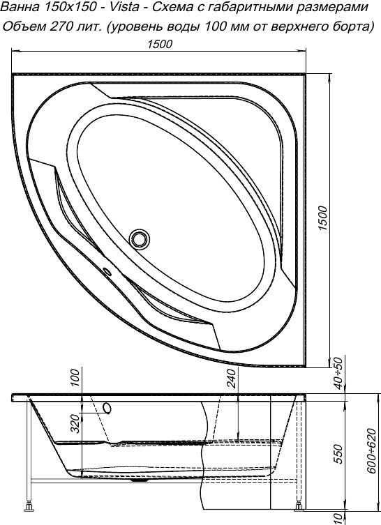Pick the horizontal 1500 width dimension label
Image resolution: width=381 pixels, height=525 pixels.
pos(160,45)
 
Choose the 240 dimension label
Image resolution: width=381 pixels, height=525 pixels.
pos(232,379)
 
